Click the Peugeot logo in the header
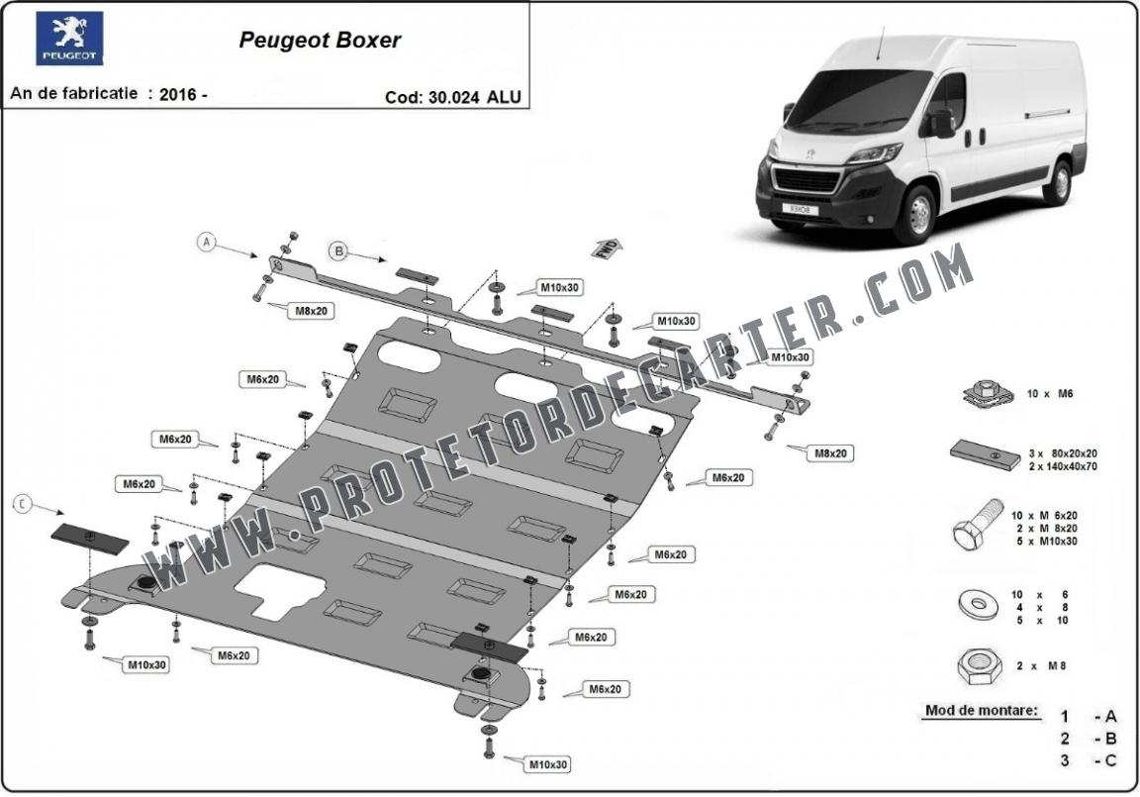coord(70,38)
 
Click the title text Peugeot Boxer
coord(320,40)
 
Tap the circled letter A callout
coord(208,242)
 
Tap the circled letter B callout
coord(338,250)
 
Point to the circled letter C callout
coord(23,503)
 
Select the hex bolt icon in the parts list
coord(977,525)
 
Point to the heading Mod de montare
coord(982,710)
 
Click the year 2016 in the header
coord(177,94)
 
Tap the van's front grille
coord(807,181)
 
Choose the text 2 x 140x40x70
coord(1063,466)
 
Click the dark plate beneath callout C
coord(90,539)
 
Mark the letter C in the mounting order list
coord(1110,760)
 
